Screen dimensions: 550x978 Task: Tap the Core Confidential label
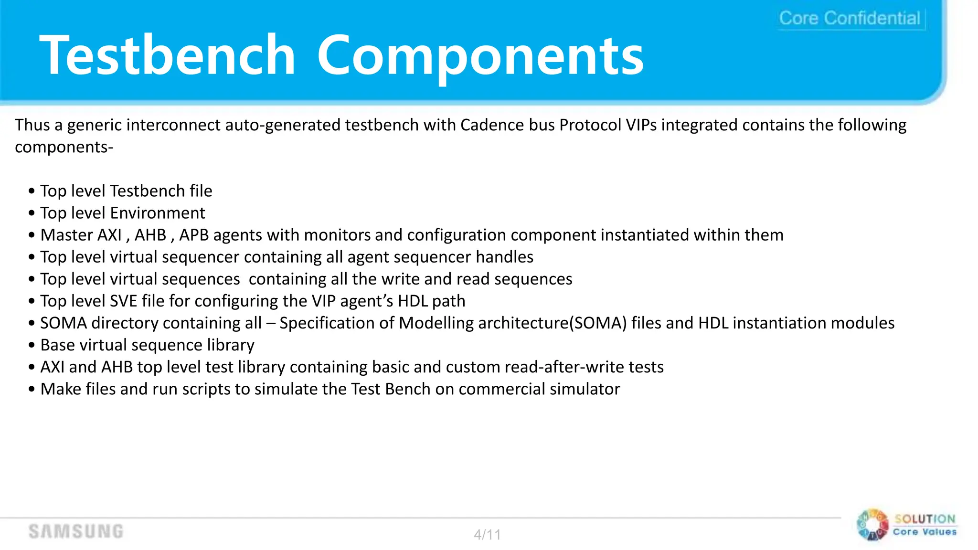coord(850,18)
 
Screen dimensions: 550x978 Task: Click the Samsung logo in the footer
coord(76,531)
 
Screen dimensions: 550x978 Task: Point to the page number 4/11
coord(487,534)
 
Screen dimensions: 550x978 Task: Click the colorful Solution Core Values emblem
coord(872,525)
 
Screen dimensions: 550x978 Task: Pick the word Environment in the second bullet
coord(158,213)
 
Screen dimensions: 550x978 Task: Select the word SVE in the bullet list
coord(124,301)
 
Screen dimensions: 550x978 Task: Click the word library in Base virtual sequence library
coord(231,345)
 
